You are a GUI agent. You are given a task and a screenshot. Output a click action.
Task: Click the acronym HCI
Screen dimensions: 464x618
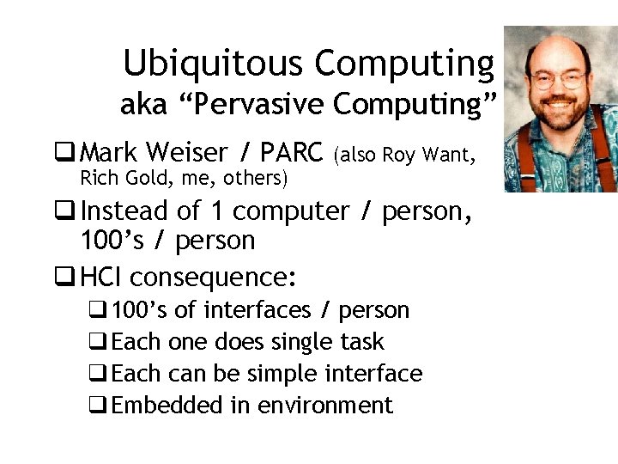pos(101,278)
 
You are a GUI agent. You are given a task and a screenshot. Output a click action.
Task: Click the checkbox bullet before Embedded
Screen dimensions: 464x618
pos(101,406)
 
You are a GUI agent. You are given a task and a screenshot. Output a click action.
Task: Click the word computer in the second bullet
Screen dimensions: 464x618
pos(291,211)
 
